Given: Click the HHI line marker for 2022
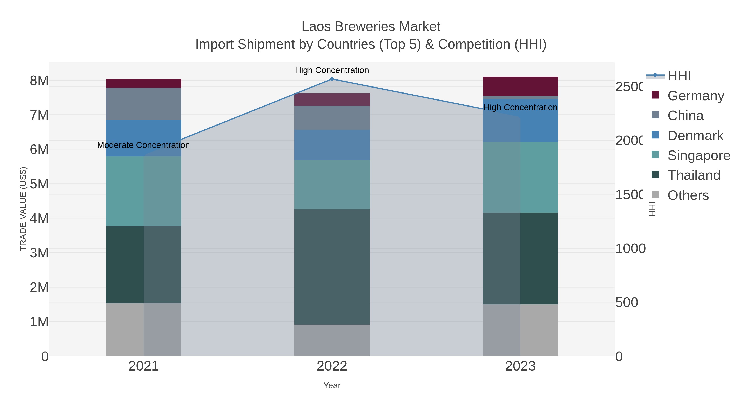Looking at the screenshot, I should pos(332,79).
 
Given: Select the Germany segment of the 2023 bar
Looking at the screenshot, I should pos(520,86).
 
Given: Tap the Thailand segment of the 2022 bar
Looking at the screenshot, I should pos(332,267).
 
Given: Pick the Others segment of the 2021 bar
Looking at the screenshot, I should pos(143,329).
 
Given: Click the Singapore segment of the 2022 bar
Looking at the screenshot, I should pos(332,184).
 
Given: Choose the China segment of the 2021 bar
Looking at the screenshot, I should pos(143,104).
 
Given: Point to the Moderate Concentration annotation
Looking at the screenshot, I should pos(143,145).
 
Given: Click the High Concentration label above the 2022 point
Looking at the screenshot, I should pos(332,70).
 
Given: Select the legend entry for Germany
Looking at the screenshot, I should pos(695,96).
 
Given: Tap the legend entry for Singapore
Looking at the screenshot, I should pos(699,155).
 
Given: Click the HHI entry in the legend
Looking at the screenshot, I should pos(679,76).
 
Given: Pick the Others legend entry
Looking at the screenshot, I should pos(688,195).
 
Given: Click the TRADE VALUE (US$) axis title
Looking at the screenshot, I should pos(23,209).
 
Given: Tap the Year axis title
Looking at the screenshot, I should pos(332,385).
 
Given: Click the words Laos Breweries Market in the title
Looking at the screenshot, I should pos(371,27).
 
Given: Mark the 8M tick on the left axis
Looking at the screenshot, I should pos(39,81).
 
